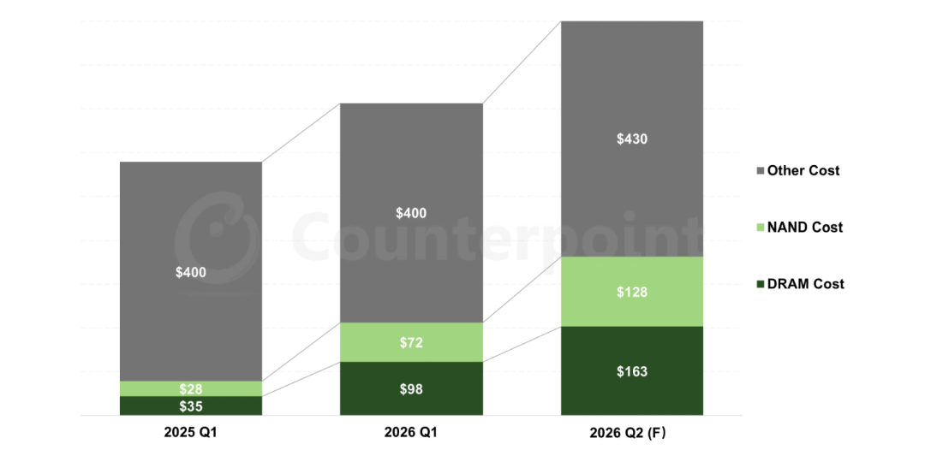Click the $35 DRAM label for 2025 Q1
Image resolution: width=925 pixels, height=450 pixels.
[190, 406]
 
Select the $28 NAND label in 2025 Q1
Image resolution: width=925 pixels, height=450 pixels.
[190, 389]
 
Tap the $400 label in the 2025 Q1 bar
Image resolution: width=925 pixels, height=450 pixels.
[190, 272]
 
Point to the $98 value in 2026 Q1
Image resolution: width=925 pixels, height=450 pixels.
[411, 389]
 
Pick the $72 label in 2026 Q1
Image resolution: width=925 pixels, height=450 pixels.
[411, 342]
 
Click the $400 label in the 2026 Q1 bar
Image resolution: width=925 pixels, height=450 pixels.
[411, 213]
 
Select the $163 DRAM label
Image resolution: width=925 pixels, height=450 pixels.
[632, 371]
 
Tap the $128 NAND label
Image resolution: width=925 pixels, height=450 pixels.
[632, 292]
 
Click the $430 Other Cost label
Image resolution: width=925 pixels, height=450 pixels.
[632, 139]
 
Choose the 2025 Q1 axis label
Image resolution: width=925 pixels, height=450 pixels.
[190, 432]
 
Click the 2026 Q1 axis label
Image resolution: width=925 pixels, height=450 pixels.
[411, 432]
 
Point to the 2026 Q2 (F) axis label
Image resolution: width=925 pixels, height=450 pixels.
[632, 432]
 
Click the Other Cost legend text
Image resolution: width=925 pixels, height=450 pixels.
[803, 170]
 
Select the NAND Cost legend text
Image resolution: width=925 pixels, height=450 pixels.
[805, 227]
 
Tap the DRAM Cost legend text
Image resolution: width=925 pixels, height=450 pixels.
[806, 283]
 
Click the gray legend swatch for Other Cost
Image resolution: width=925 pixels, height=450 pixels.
[761, 171]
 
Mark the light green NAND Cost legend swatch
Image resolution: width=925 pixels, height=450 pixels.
[761, 228]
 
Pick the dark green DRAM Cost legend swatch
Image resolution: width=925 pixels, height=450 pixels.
[761, 284]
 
